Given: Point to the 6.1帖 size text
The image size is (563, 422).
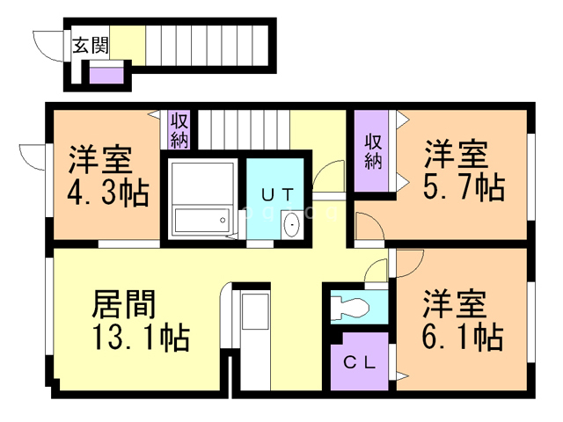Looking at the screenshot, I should [x=463, y=335].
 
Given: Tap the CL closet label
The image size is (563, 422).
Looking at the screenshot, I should [x=359, y=361].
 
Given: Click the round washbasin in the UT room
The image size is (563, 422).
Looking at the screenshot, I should [x=291, y=225].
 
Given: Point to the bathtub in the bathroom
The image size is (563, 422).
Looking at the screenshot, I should [x=201, y=220].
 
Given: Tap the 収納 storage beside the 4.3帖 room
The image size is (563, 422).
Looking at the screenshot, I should [x=179, y=129].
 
